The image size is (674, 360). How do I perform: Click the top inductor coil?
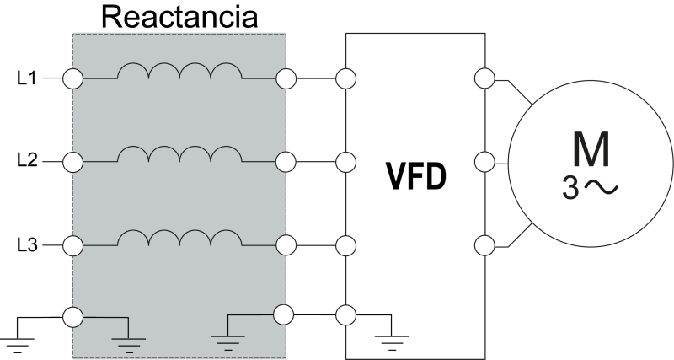point(179,73)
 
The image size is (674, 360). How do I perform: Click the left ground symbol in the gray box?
point(127,341)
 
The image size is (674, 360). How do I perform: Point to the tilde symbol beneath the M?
point(601,187)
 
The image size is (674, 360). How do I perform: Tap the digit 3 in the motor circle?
point(571,188)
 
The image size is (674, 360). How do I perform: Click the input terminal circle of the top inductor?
point(73,79)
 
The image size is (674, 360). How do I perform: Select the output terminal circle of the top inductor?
point(286,79)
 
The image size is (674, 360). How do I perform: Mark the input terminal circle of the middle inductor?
point(73,161)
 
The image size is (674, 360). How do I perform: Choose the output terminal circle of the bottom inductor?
point(286,245)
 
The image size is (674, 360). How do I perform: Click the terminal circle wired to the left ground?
point(73,318)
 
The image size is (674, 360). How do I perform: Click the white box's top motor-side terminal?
point(484,79)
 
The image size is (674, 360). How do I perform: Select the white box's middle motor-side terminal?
point(484,161)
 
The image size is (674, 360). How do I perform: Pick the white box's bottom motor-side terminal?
point(484,245)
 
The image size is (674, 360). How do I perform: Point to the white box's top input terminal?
point(345,79)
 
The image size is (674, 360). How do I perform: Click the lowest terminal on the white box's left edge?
point(345,314)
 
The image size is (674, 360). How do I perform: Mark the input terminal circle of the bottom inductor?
point(73,245)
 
